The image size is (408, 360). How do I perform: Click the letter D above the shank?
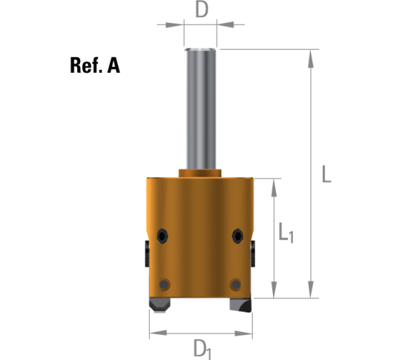pyautogui.click(x=200, y=10)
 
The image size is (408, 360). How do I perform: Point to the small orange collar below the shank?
pyautogui.click(x=200, y=174)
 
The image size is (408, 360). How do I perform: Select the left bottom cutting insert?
pyautogui.click(x=159, y=304)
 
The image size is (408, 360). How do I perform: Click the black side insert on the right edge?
pyautogui.click(x=254, y=252)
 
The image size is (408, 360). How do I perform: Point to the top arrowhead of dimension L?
pyautogui.click(x=310, y=54)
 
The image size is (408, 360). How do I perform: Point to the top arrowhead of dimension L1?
pyautogui.click(x=277, y=183)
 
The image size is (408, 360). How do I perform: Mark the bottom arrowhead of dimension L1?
pyautogui.click(x=277, y=291)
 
